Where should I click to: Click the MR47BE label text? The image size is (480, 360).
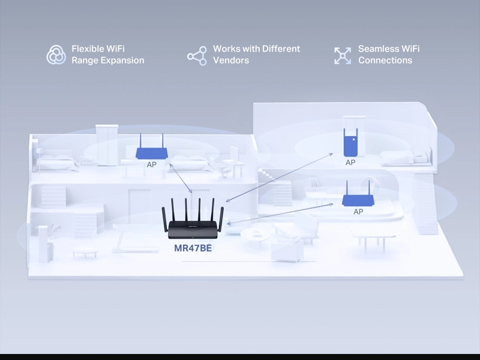193,248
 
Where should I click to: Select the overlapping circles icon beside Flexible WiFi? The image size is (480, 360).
56,55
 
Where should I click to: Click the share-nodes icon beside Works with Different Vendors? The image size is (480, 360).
197,56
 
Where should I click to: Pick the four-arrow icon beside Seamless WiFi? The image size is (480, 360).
343,55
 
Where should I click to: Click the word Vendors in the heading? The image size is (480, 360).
231,61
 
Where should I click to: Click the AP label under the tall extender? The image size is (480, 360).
350,163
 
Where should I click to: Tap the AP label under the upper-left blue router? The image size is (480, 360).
152,164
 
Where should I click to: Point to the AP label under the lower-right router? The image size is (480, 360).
358,212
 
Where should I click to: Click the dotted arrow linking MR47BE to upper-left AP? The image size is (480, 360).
181,178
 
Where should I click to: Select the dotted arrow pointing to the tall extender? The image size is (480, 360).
279,177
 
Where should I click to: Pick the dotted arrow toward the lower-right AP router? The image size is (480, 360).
280,214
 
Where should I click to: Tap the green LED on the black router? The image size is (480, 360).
193,238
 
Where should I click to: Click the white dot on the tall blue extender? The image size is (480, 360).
354,140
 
